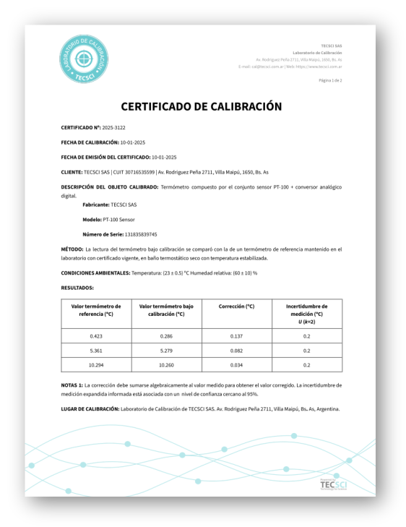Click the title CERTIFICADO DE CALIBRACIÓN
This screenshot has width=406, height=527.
201,106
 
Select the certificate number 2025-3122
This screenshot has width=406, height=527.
113,127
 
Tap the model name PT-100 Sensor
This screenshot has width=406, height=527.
118,219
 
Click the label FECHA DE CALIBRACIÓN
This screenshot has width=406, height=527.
90,142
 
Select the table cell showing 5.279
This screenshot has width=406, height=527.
166,351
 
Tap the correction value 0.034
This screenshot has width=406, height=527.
236,365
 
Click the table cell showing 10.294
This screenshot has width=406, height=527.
96,365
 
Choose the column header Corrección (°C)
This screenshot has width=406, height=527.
236,307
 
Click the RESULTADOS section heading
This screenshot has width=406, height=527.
77,288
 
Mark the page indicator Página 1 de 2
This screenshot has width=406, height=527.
330,80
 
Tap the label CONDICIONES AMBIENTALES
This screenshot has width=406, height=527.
95,273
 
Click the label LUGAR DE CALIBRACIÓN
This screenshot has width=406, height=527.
90,409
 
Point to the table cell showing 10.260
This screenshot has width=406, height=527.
166,365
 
